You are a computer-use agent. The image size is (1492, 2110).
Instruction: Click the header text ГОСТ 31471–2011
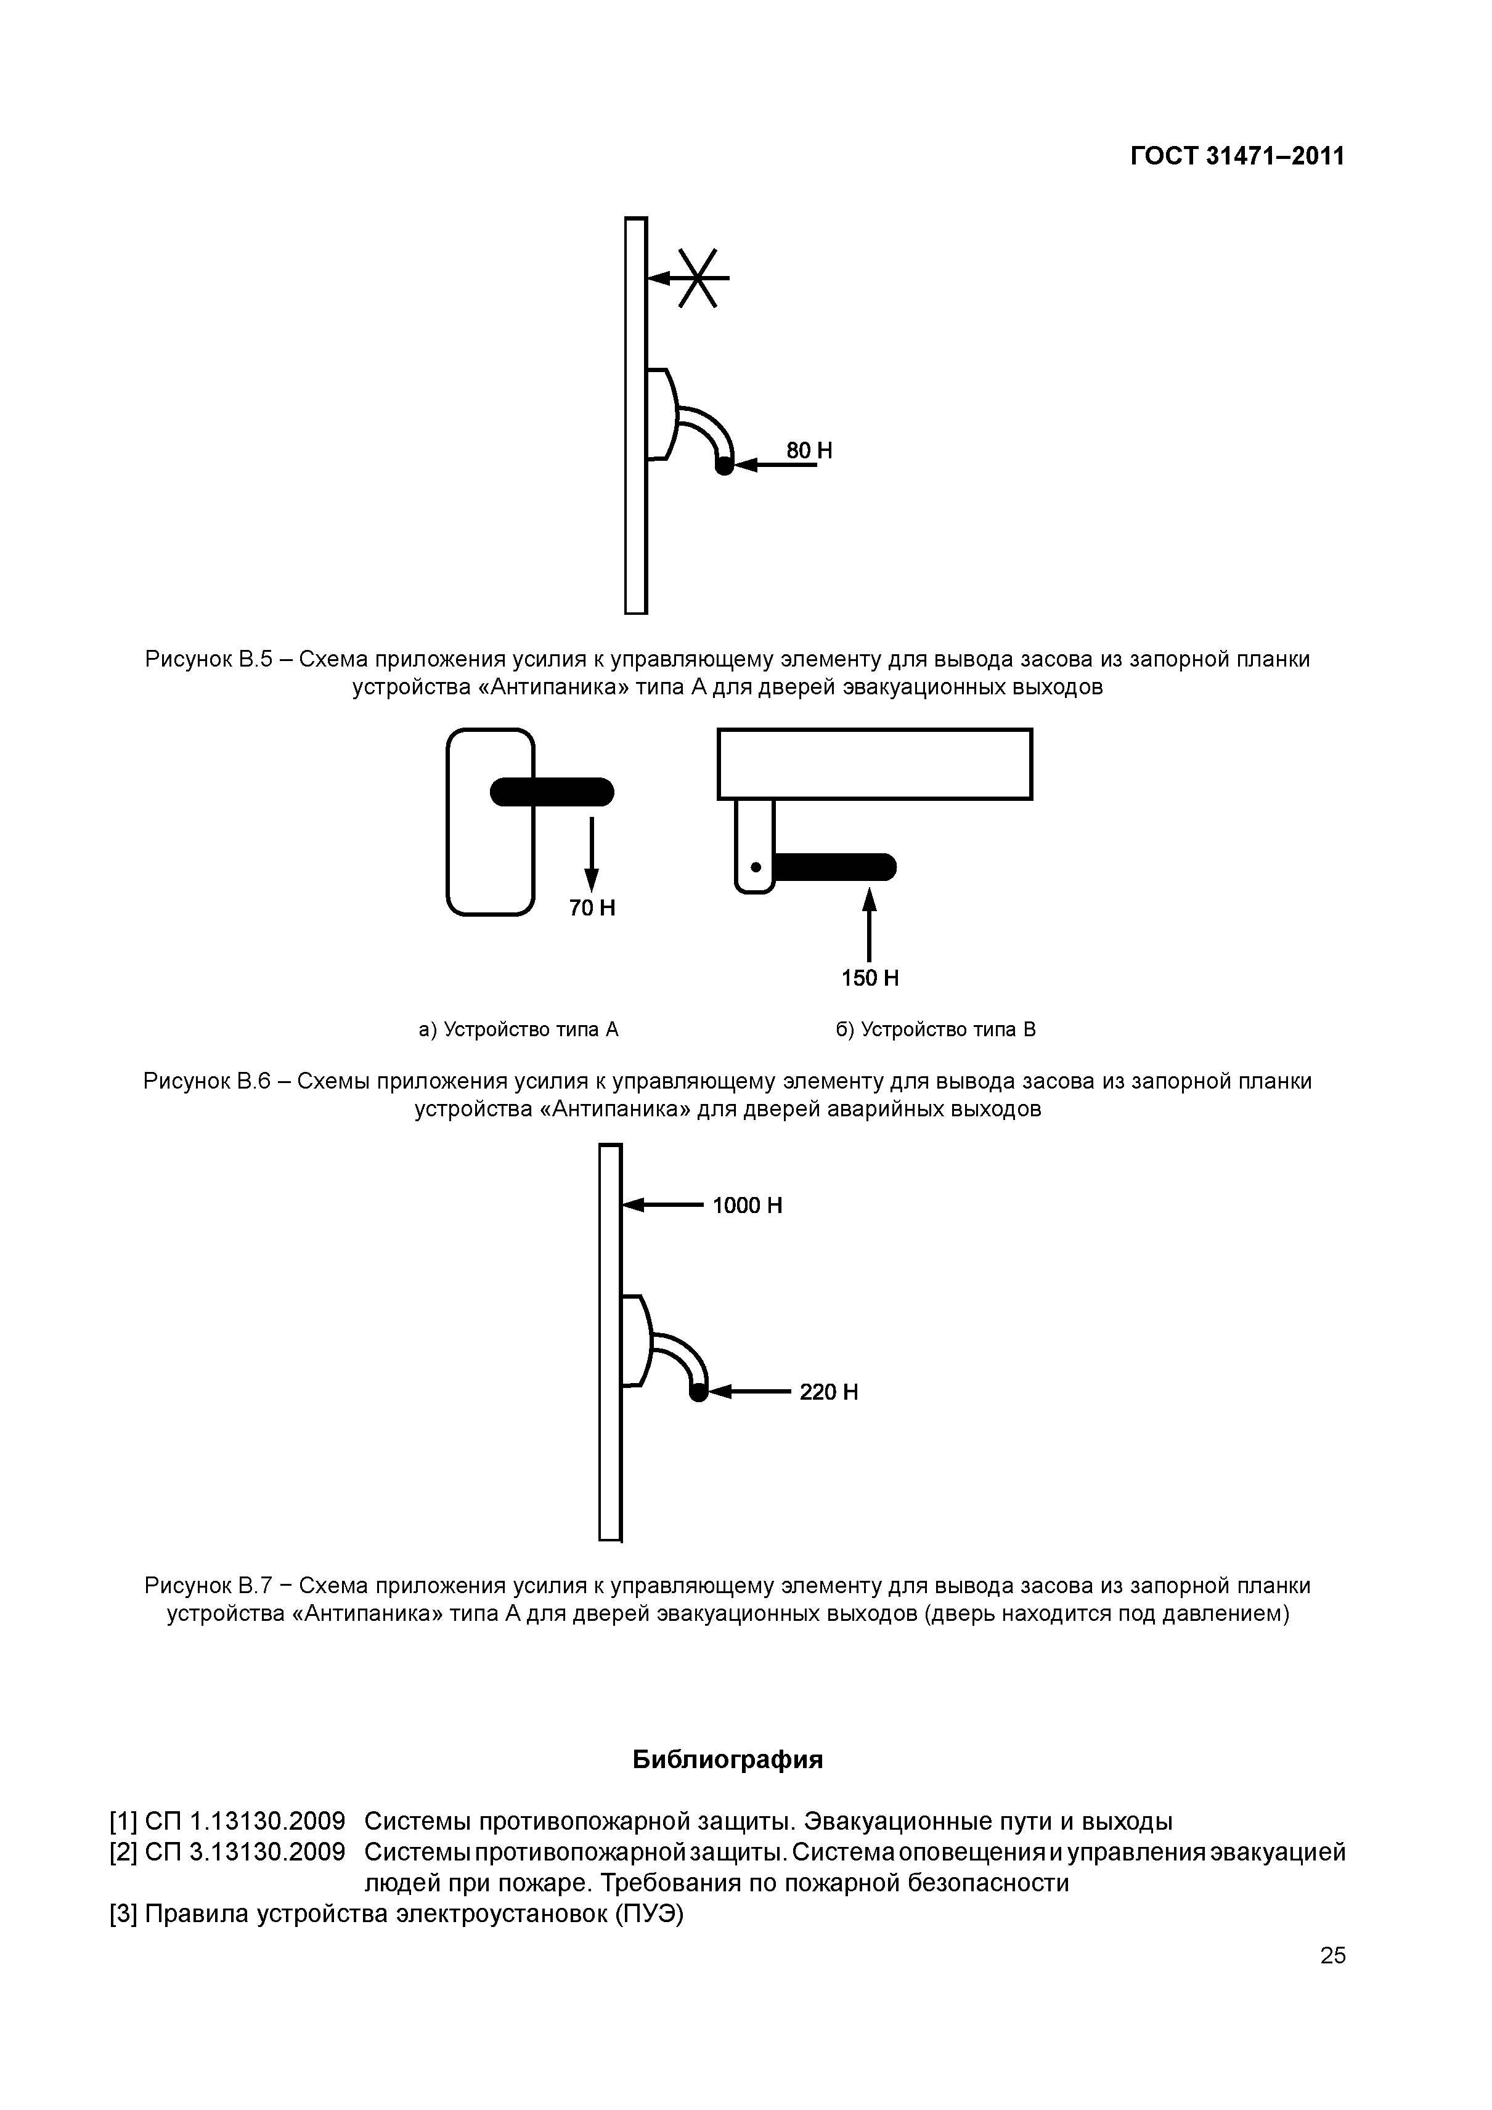coord(1236,156)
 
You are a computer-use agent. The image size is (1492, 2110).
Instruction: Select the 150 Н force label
coord(870,978)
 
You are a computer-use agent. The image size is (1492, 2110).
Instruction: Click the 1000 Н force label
coord(748,1205)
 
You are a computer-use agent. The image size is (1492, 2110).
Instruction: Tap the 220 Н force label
coord(828,1392)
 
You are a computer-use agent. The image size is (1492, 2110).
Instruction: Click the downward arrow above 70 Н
coord(592,854)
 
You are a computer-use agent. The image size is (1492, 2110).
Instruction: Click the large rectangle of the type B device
coord(874,764)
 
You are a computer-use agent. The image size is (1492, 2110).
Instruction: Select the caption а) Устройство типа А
coord(518,1029)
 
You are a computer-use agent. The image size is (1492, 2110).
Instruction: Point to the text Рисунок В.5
coord(209,659)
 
